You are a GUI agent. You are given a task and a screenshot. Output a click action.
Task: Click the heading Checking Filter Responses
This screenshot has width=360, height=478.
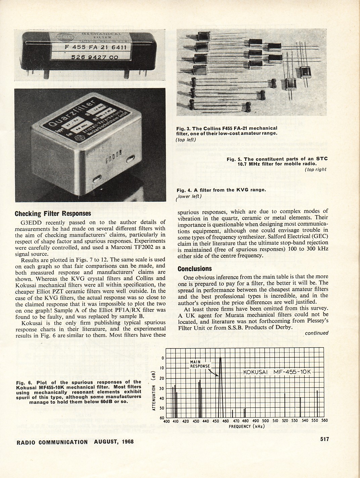53,213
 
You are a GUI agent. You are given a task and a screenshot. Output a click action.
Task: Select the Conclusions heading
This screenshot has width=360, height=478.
194,269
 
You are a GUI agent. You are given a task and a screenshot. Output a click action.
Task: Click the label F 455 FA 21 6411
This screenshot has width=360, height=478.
96,47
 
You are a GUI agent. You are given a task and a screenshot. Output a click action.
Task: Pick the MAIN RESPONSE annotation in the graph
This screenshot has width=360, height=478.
200,364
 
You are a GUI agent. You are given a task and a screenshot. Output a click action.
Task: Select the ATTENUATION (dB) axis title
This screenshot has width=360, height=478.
153,390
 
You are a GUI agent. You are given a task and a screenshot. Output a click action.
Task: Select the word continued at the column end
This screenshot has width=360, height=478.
317,333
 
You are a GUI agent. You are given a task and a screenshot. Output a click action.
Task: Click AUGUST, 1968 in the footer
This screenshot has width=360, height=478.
114,442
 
